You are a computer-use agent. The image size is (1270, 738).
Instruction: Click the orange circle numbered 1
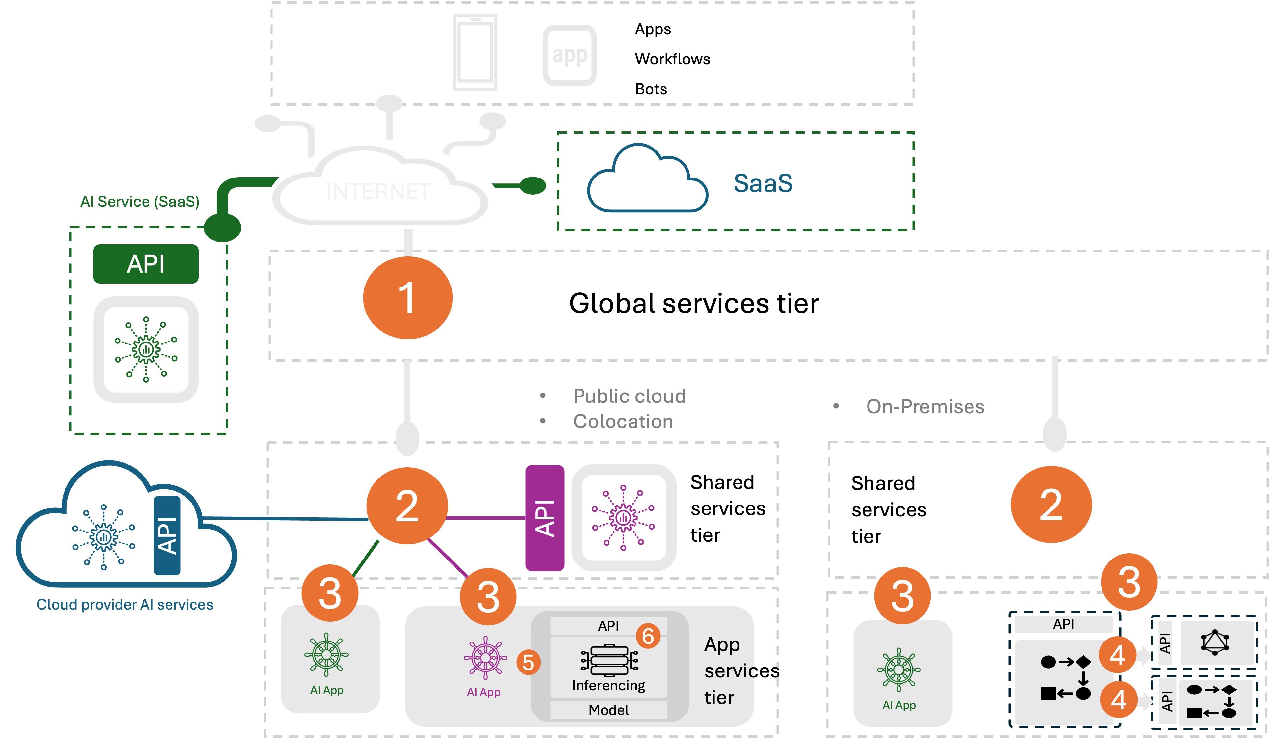(x=408, y=298)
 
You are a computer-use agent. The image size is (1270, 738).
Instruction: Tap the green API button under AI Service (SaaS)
(x=146, y=264)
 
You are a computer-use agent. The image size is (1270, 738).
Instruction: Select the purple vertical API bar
(x=545, y=518)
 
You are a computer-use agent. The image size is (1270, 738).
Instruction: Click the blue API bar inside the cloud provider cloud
(x=167, y=536)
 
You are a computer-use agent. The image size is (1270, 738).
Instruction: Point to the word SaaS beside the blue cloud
(x=763, y=183)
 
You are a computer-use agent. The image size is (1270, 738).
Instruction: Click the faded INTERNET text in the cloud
(x=378, y=192)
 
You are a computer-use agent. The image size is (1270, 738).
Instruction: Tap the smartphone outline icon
(x=475, y=52)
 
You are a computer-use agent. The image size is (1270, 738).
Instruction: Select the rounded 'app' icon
(x=569, y=55)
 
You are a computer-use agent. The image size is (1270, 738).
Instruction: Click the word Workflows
(x=672, y=59)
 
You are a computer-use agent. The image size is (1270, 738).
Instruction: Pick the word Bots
(x=651, y=89)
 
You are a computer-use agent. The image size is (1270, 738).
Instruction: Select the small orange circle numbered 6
(x=648, y=636)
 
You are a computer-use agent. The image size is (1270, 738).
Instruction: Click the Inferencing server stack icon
(x=609, y=660)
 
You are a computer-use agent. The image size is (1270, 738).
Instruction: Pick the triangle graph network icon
(x=1215, y=642)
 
